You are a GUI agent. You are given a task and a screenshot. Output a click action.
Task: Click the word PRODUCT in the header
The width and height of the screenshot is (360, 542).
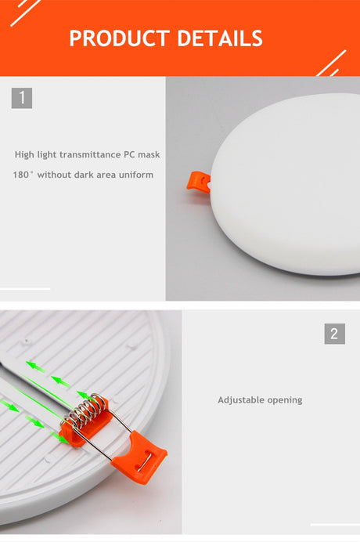coord(119,38)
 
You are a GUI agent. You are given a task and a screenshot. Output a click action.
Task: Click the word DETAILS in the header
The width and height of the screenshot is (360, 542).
coord(220,38)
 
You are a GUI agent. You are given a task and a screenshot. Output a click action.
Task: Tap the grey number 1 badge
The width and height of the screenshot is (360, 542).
coord(22,98)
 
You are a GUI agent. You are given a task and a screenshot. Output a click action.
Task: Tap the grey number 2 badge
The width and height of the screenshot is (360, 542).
coord(334,334)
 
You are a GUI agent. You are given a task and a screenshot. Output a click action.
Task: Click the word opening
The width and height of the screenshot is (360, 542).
coord(285,400)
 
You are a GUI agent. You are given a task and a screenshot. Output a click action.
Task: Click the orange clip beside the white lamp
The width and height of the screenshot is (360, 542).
coord(198,181)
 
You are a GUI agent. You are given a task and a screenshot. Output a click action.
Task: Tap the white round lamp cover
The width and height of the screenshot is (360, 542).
coord(286,184)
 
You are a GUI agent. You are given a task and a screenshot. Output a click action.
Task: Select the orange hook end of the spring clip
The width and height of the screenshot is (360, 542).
coord(141,456)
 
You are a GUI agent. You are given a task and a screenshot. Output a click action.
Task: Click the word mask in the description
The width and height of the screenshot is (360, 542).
coord(149,154)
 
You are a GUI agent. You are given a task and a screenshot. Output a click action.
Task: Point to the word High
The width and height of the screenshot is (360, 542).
coord(24,154)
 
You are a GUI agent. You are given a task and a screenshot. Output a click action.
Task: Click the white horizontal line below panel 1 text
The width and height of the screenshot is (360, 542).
coord(25,289)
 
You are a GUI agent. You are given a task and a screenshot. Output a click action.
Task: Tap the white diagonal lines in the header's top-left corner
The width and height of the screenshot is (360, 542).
coord(26,12)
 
